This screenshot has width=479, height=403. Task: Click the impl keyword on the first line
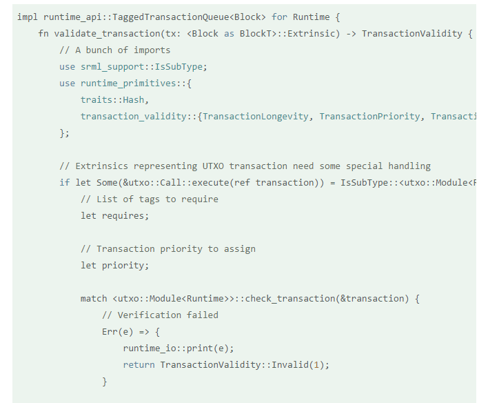point(28,17)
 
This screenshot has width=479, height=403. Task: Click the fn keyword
point(43,33)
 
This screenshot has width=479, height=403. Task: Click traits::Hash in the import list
point(112,99)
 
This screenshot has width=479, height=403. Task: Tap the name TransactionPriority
point(369,116)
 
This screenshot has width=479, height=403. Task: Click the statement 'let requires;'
point(114,215)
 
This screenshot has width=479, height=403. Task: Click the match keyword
point(94,298)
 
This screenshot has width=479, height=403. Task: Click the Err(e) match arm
point(118,331)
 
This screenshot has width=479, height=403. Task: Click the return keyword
point(139,364)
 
